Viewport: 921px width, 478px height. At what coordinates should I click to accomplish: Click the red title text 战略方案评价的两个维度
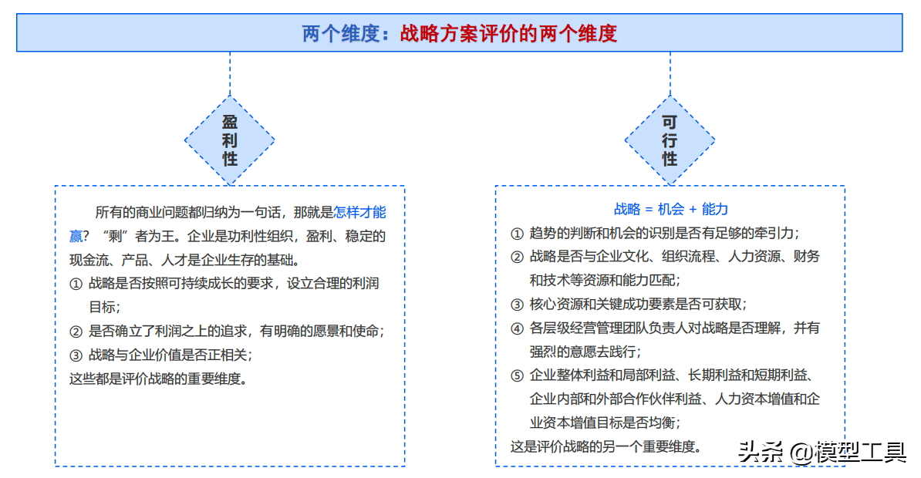tap(508, 33)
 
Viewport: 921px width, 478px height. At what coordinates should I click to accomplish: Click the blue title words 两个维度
tap(341, 33)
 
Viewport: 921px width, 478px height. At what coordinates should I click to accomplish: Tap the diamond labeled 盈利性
tap(230, 140)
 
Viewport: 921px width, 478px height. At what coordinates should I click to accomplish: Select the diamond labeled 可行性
tap(670, 140)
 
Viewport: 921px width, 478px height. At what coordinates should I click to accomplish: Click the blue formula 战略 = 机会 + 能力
tap(671, 209)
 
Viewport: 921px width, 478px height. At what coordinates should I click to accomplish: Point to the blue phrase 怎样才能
tap(359, 212)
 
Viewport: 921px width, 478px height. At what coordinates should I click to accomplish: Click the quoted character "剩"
tap(115, 236)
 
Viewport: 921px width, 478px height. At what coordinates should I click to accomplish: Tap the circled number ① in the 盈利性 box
tap(76, 284)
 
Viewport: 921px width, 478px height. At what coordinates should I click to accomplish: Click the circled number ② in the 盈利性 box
tap(76, 332)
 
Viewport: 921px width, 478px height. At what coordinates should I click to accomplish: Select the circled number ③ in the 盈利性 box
tap(76, 355)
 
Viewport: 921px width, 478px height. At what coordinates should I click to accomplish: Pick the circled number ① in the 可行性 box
tap(517, 234)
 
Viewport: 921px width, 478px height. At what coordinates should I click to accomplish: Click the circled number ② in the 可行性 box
tap(517, 258)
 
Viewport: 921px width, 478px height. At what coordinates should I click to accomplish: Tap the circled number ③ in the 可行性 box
tap(517, 305)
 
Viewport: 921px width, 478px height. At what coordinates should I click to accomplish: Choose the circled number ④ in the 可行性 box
tap(517, 328)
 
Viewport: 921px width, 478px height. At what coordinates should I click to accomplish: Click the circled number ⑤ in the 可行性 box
tap(517, 375)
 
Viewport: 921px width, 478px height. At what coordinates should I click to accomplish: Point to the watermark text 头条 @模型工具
tap(821, 452)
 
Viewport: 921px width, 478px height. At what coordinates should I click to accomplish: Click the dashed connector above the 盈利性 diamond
tap(230, 74)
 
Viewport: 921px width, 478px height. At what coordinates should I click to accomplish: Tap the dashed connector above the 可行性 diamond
tap(670, 74)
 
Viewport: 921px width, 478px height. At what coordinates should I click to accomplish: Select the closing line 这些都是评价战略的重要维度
tap(158, 379)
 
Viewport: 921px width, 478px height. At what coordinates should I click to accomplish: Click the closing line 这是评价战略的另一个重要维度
tap(606, 447)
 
